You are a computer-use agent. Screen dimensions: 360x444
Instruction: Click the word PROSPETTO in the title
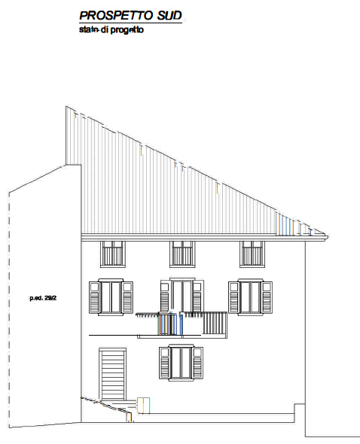117,15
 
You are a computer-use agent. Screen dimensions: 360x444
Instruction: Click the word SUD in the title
169,15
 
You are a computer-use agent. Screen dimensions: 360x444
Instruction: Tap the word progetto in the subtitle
127,30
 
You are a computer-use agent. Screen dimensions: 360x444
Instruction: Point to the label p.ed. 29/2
43,298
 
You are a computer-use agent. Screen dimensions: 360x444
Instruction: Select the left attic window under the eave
113,254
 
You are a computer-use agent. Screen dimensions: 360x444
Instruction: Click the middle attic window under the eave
182,254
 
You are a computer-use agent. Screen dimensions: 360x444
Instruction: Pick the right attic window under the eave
252,254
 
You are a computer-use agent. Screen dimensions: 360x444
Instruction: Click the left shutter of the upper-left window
94,297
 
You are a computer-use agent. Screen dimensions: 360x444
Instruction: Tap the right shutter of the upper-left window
128,297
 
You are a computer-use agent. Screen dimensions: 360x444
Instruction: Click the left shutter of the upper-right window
234,297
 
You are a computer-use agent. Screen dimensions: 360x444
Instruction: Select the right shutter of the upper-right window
267,297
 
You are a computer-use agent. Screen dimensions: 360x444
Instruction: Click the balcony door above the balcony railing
182,296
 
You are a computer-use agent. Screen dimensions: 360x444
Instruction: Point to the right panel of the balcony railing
215,323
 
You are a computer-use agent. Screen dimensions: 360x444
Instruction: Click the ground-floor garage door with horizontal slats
112,374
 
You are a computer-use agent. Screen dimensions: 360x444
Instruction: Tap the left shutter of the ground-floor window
164,363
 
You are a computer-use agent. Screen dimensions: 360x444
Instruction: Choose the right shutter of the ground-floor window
198,363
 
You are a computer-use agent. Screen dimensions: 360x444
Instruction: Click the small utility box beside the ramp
143,406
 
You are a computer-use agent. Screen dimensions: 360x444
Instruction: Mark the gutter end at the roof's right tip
327,237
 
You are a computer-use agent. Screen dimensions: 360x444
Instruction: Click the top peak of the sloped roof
66,106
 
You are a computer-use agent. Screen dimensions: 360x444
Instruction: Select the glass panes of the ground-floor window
182,363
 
